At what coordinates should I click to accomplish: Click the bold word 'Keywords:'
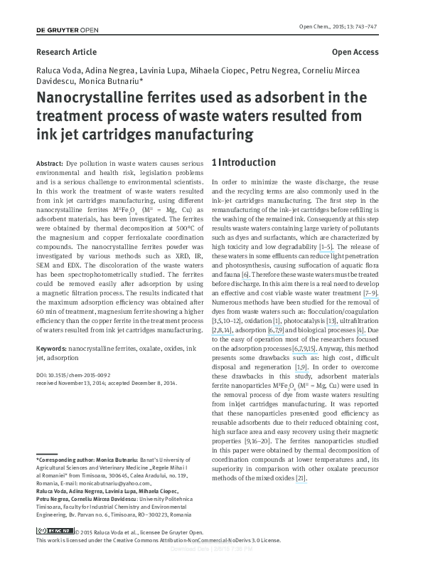(x=51, y=349)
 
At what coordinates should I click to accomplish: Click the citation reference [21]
(x=301, y=477)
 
